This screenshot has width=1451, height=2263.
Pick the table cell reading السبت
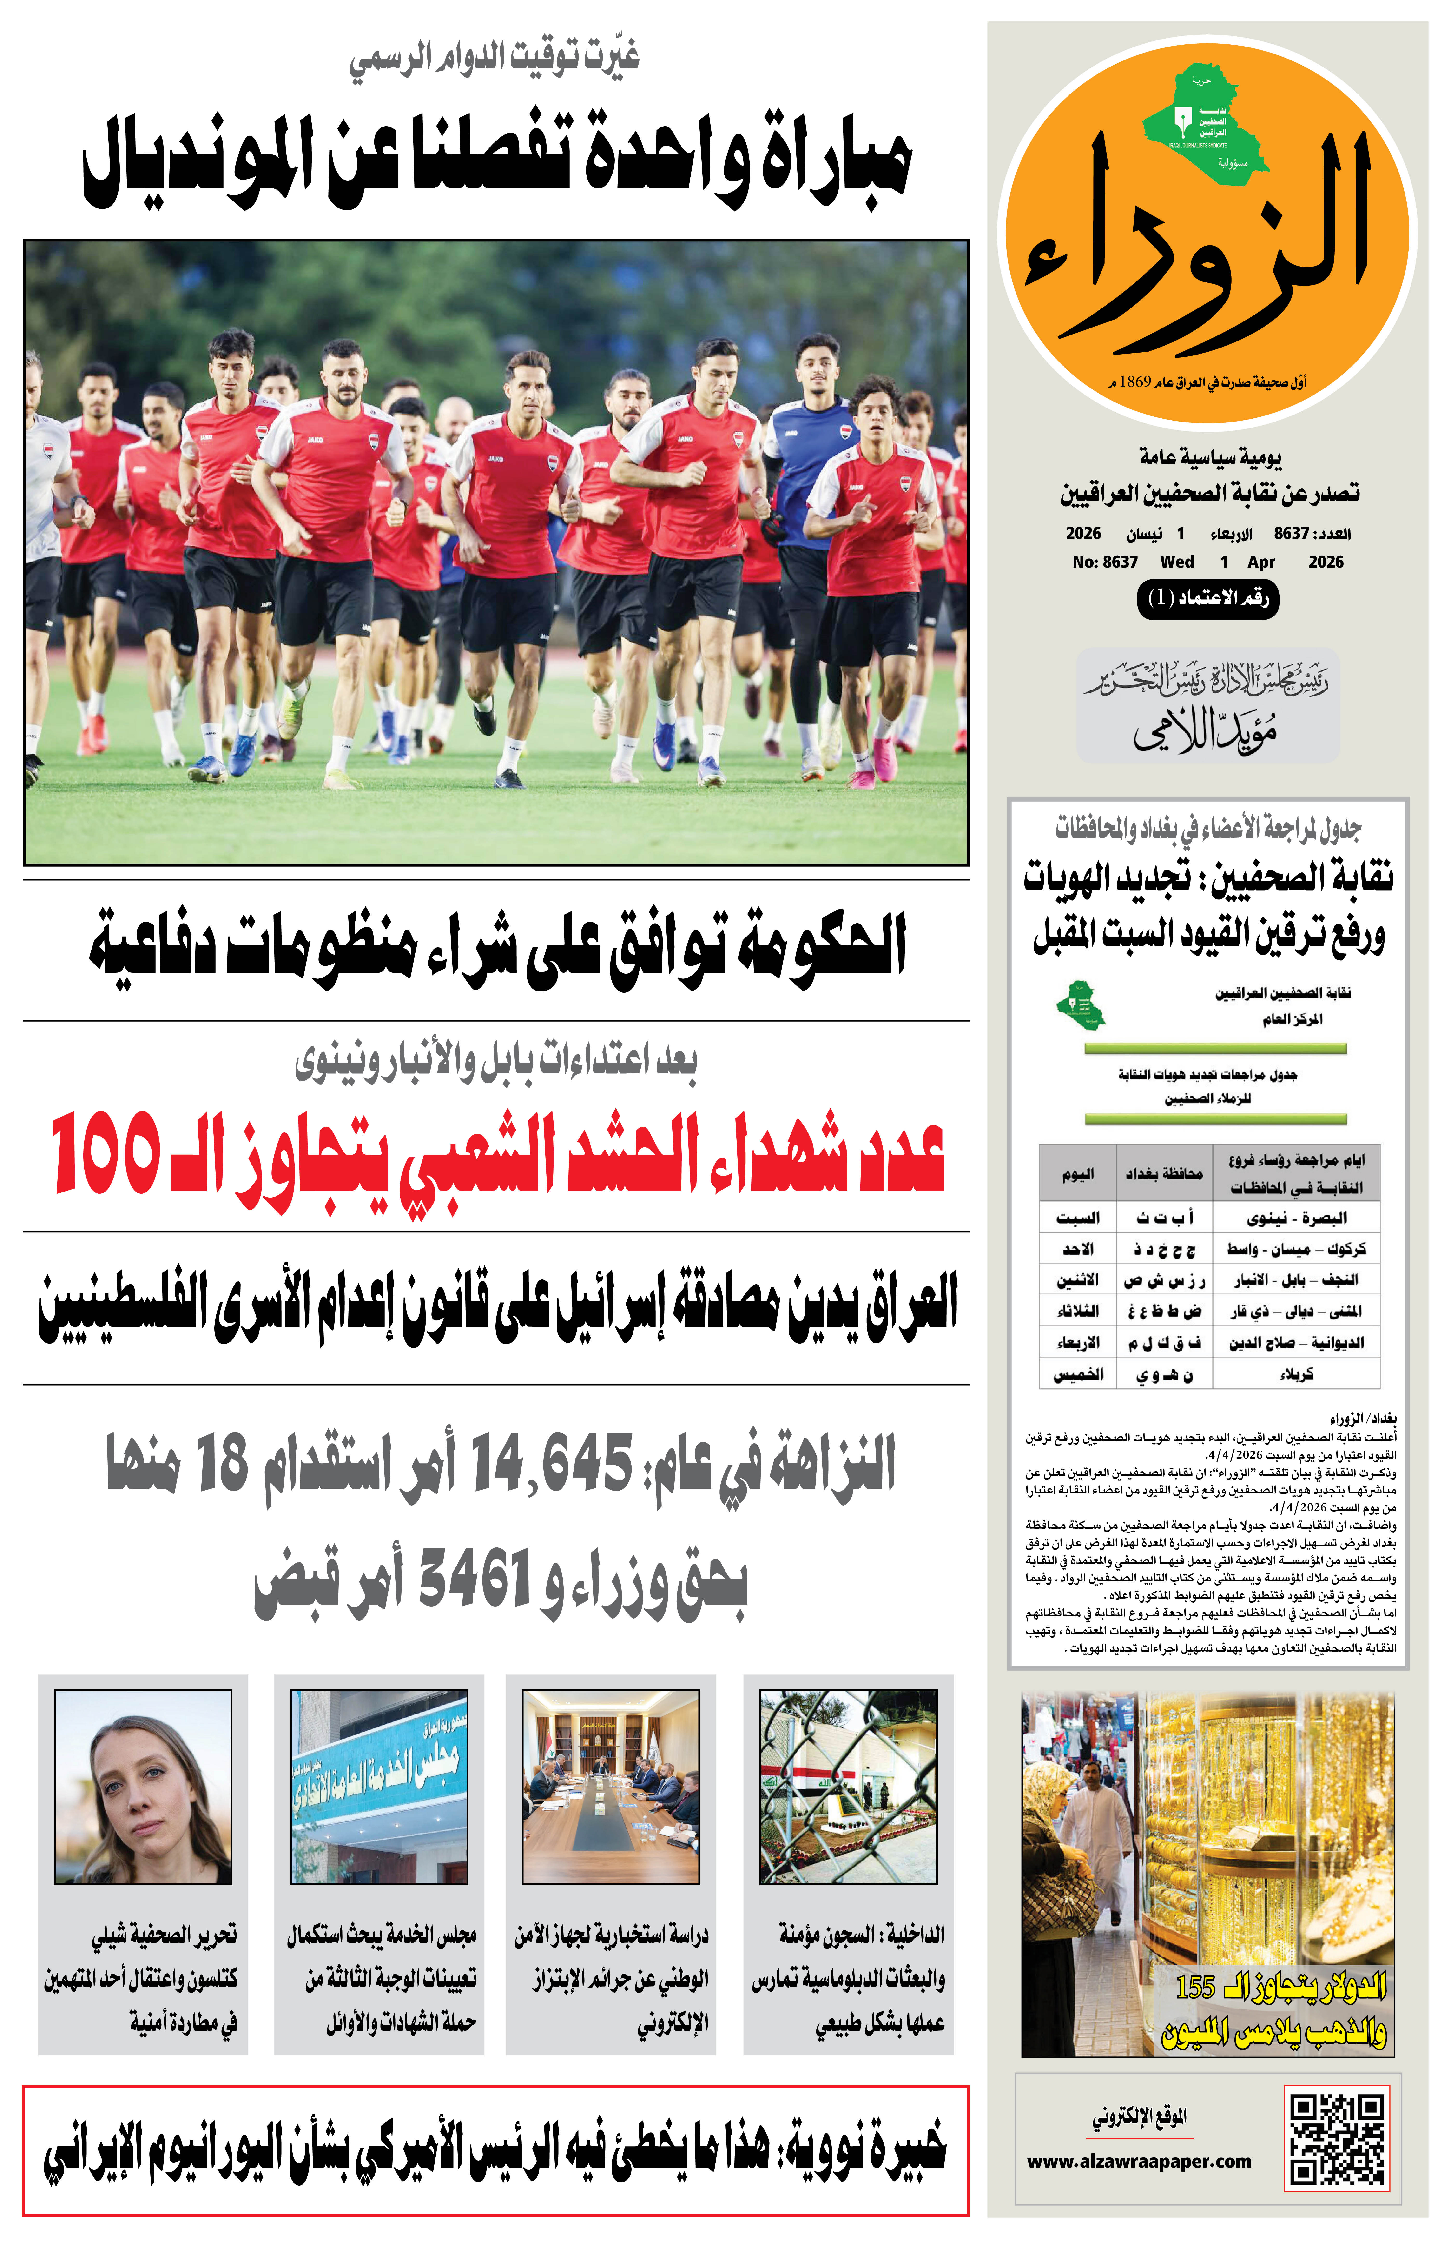pyautogui.click(x=1077, y=1218)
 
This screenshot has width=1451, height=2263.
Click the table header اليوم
pyautogui.click(x=1077, y=1173)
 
